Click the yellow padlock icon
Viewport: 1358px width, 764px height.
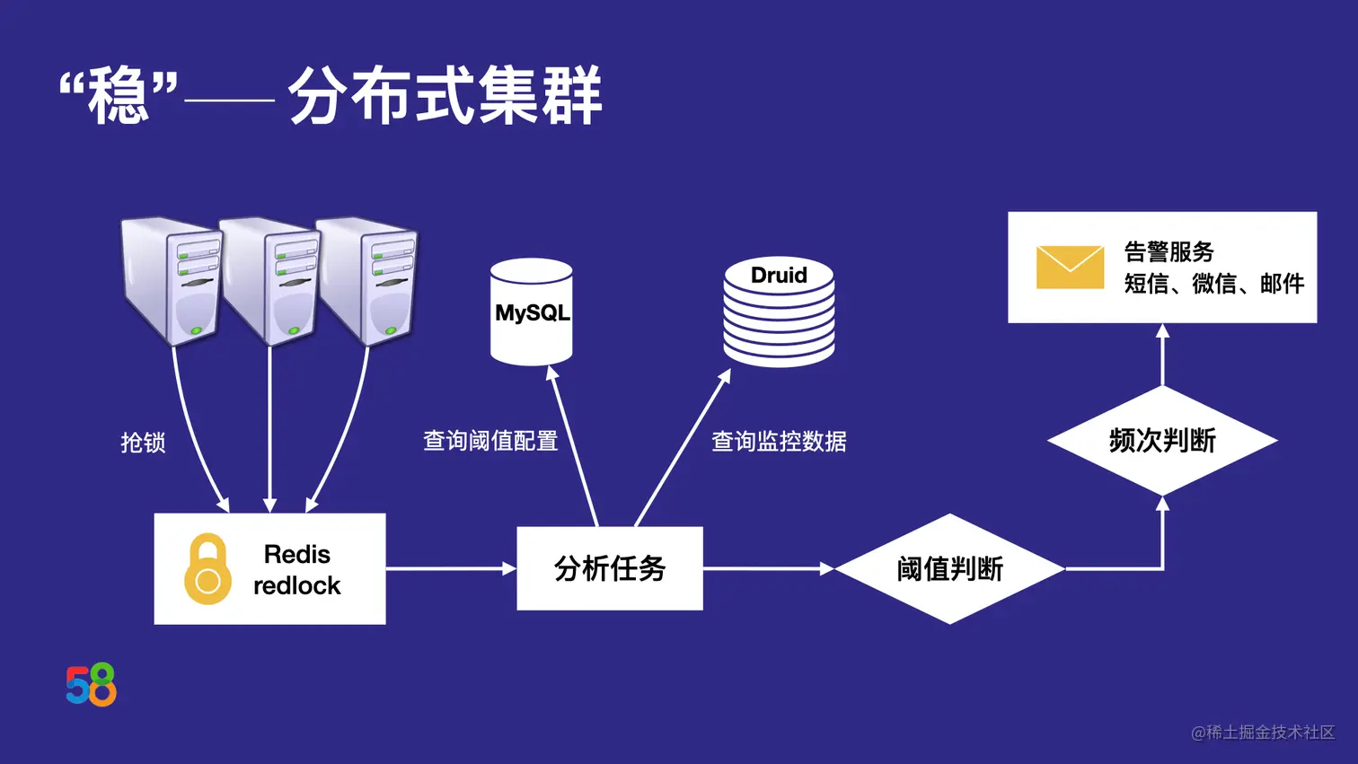(207, 568)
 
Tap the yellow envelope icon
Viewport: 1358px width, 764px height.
(1070, 268)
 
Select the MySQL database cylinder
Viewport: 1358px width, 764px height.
(532, 312)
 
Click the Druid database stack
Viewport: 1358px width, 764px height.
(779, 312)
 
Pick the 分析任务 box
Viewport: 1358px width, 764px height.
(610, 568)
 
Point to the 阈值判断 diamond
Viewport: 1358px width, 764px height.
(949, 568)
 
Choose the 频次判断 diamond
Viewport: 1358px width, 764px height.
(1162, 441)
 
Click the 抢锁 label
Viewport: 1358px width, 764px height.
(144, 443)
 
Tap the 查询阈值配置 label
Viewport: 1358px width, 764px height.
(490, 441)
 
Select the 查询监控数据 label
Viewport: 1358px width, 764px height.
(779, 441)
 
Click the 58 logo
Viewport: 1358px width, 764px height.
(91, 685)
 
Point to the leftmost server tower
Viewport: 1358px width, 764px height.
(172, 280)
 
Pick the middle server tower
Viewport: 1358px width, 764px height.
(270, 280)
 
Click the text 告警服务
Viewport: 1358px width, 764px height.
(1168, 251)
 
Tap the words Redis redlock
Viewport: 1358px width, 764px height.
(296, 569)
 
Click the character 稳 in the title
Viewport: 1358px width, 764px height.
(118, 96)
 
